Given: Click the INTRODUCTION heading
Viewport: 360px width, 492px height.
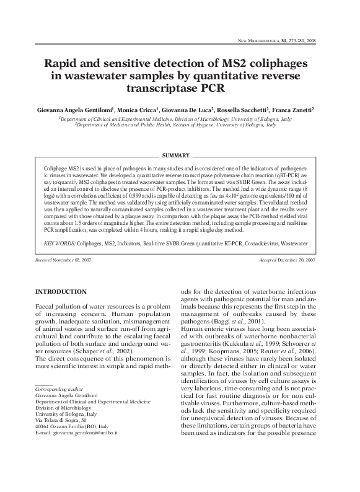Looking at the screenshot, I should click(61, 291).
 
